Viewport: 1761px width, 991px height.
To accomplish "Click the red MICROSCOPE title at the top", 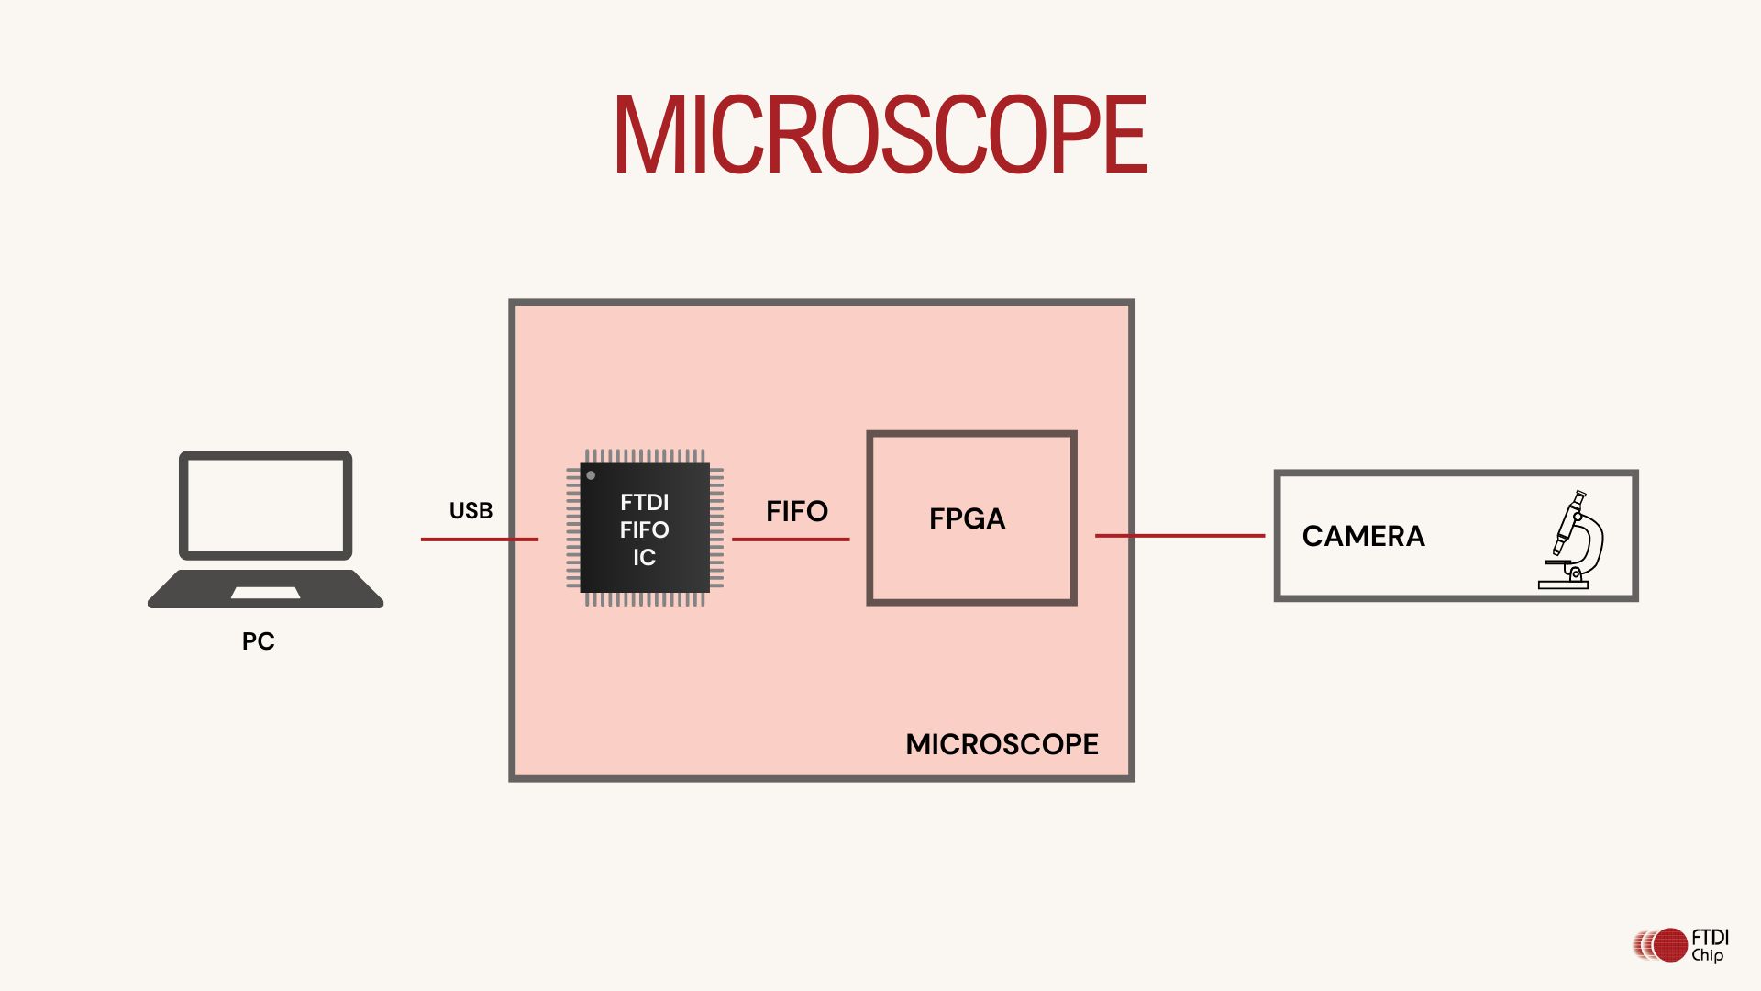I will pyautogui.click(x=880, y=135).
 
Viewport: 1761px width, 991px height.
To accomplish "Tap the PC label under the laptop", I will pyautogui.click(x=258, y=641).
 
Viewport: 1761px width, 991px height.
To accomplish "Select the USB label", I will pyautogui.click(x=471, y=511).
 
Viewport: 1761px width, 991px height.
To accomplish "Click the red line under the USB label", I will pyautogui.click(x=479, y=540).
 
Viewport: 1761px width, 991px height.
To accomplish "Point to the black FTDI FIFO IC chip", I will pyautogui.click(x=645, y=528).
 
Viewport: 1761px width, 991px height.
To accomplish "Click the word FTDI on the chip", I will pyautogui.click(x=645, y=503).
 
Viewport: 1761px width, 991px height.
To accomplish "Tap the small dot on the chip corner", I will pyautogui.click(x=591, y=475).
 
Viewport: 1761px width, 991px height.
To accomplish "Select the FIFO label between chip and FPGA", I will pyautogui.click(x=796, y=511).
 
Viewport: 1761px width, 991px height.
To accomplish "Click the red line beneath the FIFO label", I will pyautogui.click(x=791, y=540).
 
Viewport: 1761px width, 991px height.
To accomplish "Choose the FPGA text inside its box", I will pyautogui.click(x=967, y=519).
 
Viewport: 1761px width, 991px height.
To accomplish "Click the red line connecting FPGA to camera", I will pyautogui.click(x=1180, y=536).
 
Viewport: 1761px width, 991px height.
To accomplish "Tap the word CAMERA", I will pyautogui.click(x=1363, y=536).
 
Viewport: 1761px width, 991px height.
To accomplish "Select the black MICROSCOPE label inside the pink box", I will pyautogui.click(x=1002, y=744).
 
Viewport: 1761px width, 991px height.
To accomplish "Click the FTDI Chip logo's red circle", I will pyautogui.click(x=1670, y=944).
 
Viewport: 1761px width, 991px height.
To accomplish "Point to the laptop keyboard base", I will pyautogui.click(x=265, y=589).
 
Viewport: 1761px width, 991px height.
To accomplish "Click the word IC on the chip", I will pyautogui.click(x=644, y=558).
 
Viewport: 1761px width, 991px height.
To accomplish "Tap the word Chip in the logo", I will pyautogui.click(x=1708, y=955).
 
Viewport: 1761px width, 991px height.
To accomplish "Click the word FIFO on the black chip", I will pyautogui.click(x=644, y=530).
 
